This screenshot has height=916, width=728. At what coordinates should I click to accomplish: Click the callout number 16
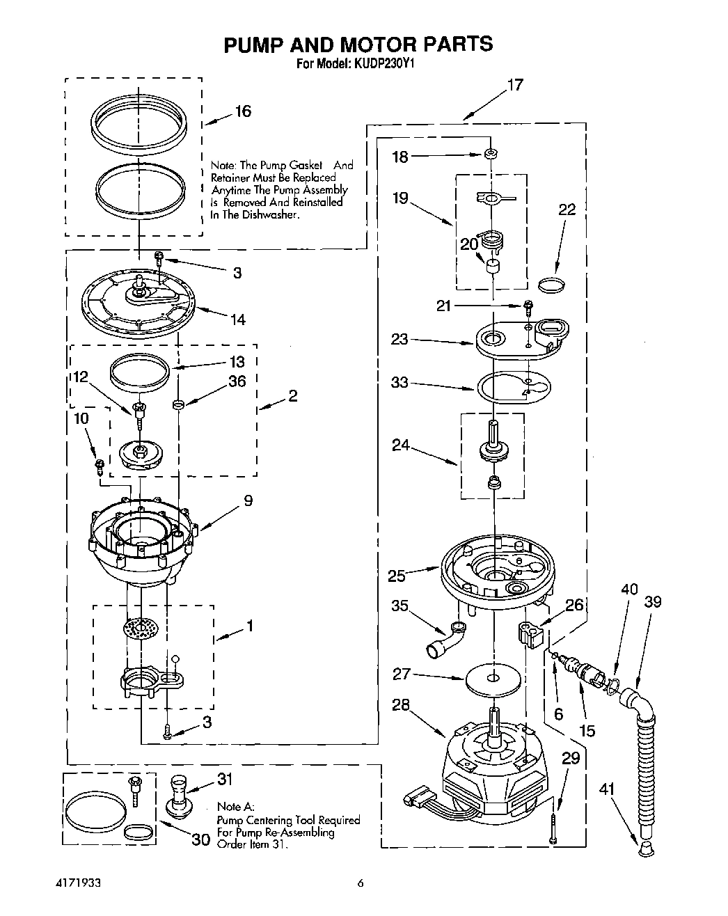242,111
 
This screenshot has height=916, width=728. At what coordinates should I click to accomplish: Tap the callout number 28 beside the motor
400,705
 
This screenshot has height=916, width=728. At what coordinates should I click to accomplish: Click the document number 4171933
78,884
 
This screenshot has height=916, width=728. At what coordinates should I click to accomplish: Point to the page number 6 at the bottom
360,884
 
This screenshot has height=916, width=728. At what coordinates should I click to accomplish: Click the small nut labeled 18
491,154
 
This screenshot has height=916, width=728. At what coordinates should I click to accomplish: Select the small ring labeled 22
553,283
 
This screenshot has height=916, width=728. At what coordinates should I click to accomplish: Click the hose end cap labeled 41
646,848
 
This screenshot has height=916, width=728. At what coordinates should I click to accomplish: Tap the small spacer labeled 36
178,404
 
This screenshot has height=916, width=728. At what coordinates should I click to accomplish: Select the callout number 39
652,603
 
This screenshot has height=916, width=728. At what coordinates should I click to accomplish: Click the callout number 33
399,383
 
